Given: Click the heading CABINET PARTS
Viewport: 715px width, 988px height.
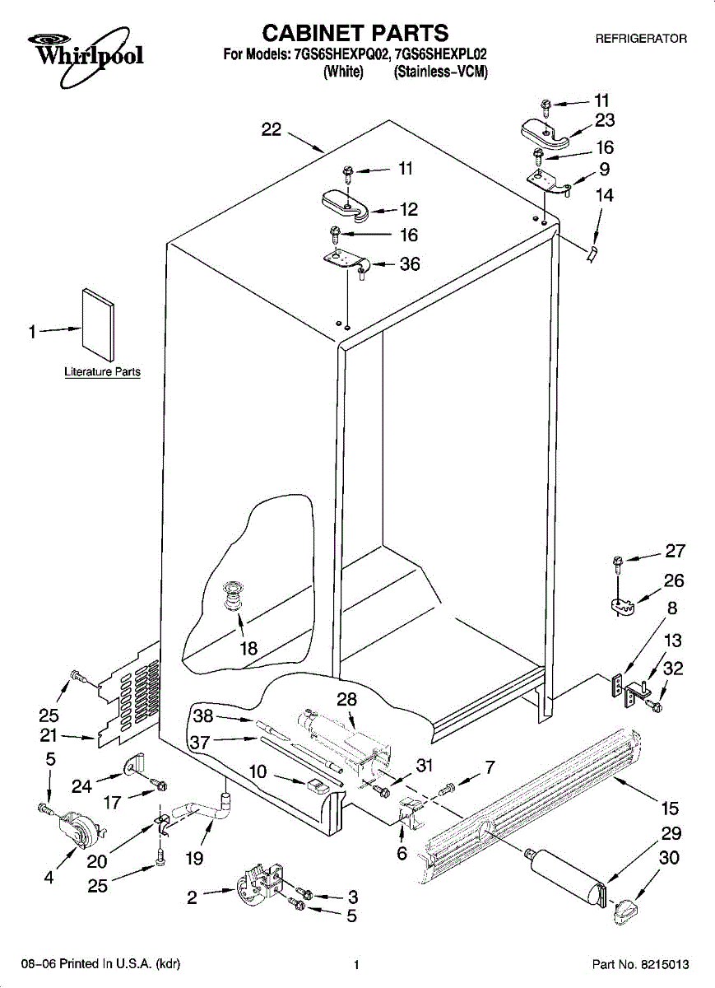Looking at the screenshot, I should click(x=355, y=32).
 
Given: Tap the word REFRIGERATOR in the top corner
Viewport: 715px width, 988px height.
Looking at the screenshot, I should click(x=641, y=39).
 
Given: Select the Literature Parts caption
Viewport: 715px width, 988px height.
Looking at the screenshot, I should click(x=103, y=372).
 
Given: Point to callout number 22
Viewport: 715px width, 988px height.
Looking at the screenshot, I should click(x=272, y=129).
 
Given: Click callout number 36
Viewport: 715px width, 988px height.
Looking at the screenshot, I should click(x=409, y=264).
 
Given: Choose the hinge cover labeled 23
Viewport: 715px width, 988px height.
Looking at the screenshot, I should click(x=545, y=131).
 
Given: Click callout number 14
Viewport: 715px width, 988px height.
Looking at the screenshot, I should click(x=605, y=196).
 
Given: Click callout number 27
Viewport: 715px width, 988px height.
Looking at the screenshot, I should click(x=675, y=552).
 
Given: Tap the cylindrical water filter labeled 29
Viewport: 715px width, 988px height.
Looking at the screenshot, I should click(x=567, y=874).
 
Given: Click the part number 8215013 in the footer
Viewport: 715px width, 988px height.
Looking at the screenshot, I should click(x=664, y=964).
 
